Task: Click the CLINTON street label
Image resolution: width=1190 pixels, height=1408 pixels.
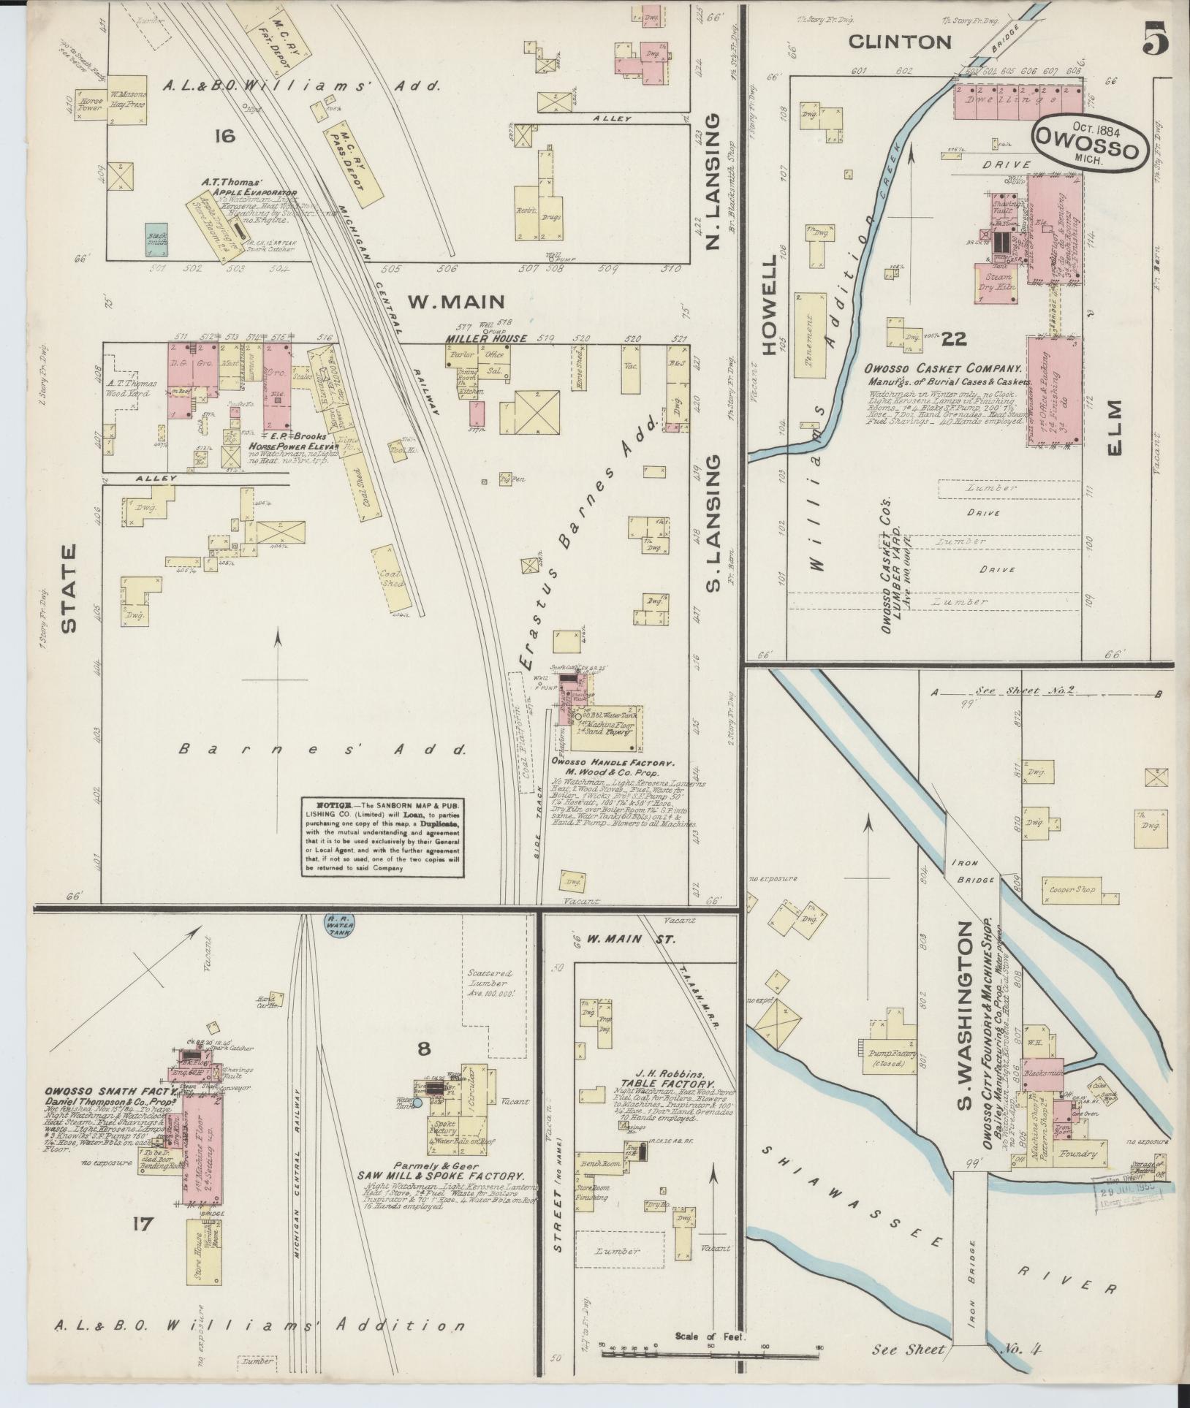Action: [x=899, y=42]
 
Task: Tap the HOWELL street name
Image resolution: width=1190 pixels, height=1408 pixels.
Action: [x=770, y=306]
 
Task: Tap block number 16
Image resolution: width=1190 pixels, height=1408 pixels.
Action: [x=224, y=135]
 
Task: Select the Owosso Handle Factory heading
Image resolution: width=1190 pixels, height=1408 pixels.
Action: [x=607, y=761]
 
